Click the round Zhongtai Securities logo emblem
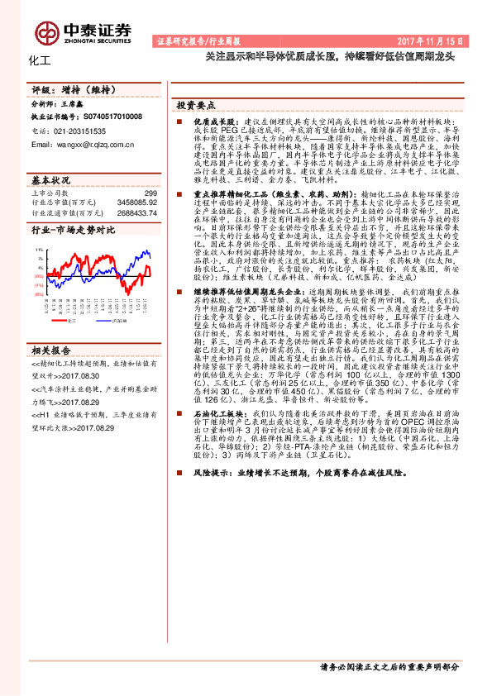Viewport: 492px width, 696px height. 46,31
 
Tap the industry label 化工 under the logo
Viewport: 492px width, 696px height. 39,60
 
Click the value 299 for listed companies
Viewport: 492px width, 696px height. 150,193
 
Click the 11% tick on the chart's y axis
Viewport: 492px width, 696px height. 39,247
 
